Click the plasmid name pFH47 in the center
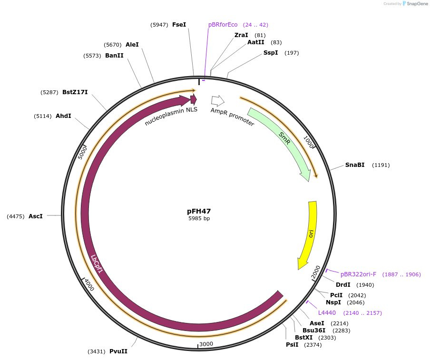click(199, 211)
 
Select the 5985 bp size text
click(199, 219)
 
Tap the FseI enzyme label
click(179, 24)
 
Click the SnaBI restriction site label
click(355, 165)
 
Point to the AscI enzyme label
click(36, 216)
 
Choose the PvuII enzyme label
click(118, 351)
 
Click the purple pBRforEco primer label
click(223, 25)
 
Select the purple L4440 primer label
click(327, 313)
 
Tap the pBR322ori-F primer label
click(358, 274)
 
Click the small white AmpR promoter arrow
click(217, 100)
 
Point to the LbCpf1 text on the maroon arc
click(97, 264)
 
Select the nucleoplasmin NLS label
click(171, 116)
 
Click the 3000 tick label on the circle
click(206, 344)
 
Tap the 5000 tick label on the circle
click(82, 152)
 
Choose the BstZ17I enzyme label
click(75, 92)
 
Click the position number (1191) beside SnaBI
click(381, 165)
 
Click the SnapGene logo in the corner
click(415, 4)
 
